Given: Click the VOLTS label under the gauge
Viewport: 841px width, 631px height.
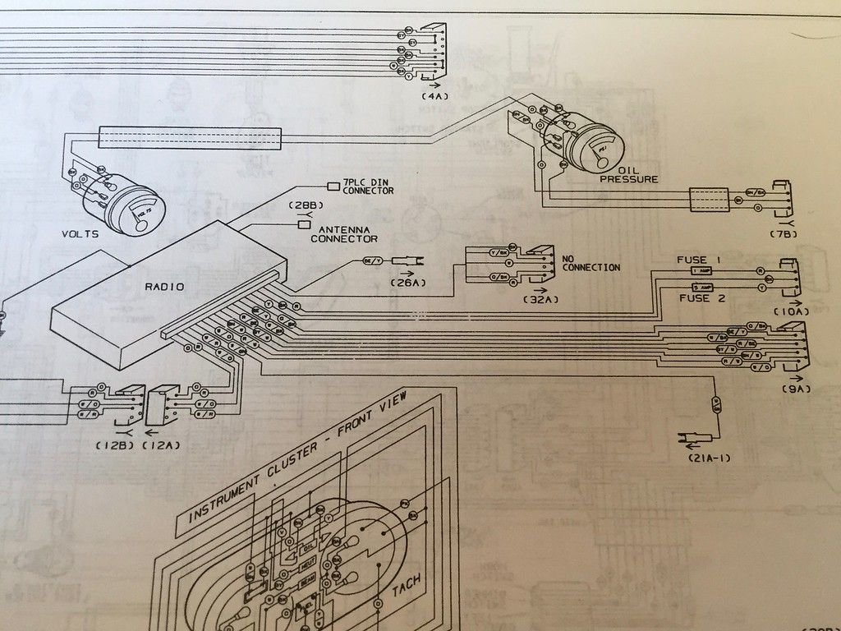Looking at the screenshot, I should pos(80,234).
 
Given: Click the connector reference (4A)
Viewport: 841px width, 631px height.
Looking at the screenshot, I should pos(434,97).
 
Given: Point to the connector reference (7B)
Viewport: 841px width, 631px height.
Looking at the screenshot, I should pos(784,234).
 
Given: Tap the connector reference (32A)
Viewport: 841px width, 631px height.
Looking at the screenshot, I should pos(540,300).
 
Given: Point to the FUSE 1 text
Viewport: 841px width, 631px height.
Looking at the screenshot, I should pos(698,260).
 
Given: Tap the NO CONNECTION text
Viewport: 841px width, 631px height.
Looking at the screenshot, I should pos(591,263).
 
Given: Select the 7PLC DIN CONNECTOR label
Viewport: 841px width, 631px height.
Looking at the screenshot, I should pos(368,187).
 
